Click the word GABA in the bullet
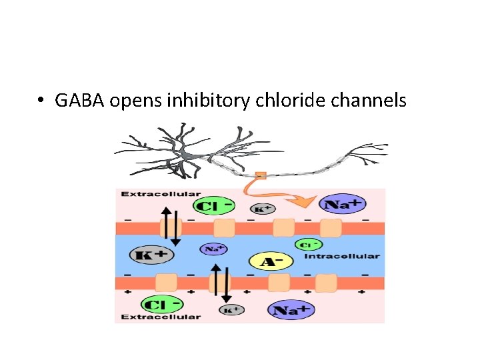(79, 100)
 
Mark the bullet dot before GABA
(41, 100)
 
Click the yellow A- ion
(271, 261)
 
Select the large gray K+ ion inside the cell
(151, 255)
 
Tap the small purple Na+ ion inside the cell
(214, 249)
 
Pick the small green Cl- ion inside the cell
(309, 245)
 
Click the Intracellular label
(342, 256)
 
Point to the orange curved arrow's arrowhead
(301, 202)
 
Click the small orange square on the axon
(261, 176)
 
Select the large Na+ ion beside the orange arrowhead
(342, 204)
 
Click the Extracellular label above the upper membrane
(161, 194)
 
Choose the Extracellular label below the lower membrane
(161, 317)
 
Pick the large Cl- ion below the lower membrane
(162, 305)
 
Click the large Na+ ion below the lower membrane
(291, 310)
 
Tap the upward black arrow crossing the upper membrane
(166, 223)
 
